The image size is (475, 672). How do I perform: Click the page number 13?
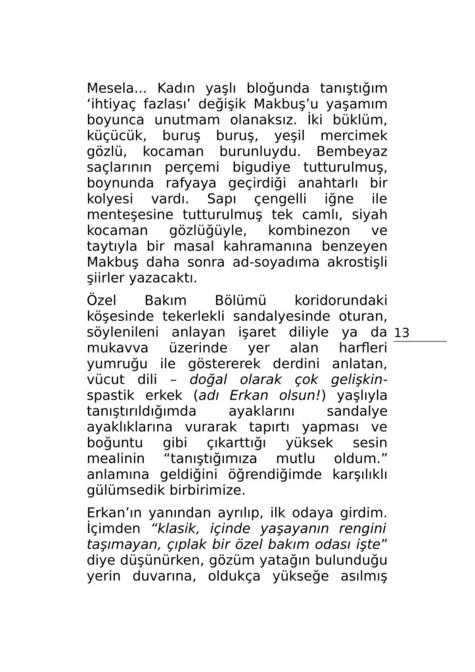pyautogui.click(x=401, y=333)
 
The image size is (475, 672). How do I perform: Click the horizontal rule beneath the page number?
pyautogui.click(x=420, y=341)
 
